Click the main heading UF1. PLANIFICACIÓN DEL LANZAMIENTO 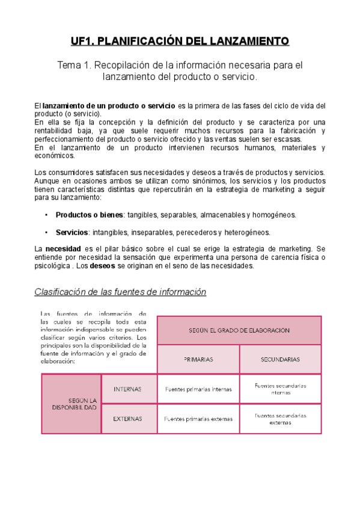pyautogui.click(x=180, y=41)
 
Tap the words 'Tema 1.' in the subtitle pyautogui.click(x=74, y=65)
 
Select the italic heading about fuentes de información pyautogui.click(x=120, y=292)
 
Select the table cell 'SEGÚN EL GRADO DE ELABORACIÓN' pyautogui.click(x=239, y=330)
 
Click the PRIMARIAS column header pyautogui.click(x=198, y=359)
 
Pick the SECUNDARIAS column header pyautogui.click(x=280, y=359)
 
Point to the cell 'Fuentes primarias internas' pyautogui.click(x=198, y=389)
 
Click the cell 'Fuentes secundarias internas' pyautogui.click(x=280, y=389)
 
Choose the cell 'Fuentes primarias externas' pyautogui.click(x=198, y=419)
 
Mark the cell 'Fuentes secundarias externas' pyautogui.click(x=280, y=419)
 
